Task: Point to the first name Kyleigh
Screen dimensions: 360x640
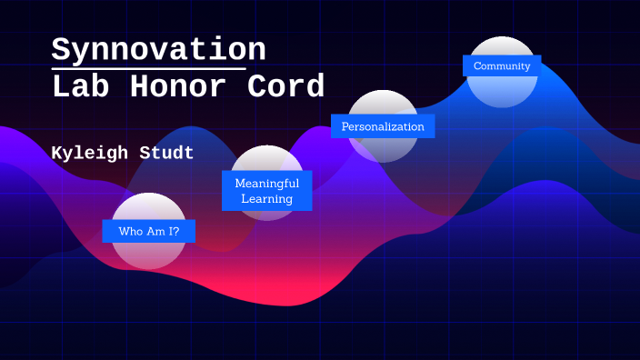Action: pyautogui.click(x=92, y=153)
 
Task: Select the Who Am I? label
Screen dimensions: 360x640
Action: pyautogui.click(x=148, y=232)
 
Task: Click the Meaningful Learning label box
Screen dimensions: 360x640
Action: pyautogui.click(x=266, y=191)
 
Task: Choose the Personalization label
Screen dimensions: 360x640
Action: pyautogui.click(x=383, y=126)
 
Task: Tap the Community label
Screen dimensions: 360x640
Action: pyautogui.click(x=502, y=66)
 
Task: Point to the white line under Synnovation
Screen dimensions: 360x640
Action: pyautogui.click(x=148, y=68)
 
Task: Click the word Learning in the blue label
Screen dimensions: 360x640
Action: pyautogui.click(x=266, y=199)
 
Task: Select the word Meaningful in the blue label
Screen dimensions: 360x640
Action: pyautogui.click(x=266, y=183)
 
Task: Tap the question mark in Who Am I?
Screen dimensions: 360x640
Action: pyautogui.click(x=175, y=232)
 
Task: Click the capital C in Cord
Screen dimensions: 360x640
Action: pyautogui.click(x=256, y=87)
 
